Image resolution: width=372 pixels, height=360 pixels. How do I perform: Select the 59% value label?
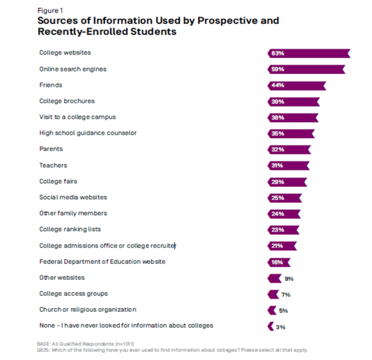[278, 69]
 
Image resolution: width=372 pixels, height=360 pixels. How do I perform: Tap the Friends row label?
[50, 85]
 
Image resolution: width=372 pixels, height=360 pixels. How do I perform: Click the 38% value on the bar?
[278, 117]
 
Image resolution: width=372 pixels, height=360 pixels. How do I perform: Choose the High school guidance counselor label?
[87, 133]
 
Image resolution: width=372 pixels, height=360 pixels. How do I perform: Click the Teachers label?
[53, 166]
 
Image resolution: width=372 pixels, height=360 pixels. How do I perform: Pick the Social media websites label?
[73, 197]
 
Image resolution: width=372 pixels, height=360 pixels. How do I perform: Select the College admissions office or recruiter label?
[107, 245]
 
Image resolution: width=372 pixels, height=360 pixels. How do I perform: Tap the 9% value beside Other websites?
[289, 278]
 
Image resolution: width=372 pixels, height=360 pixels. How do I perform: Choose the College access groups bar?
[273, 294]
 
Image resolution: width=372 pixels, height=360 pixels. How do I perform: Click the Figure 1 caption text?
[49, 11]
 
